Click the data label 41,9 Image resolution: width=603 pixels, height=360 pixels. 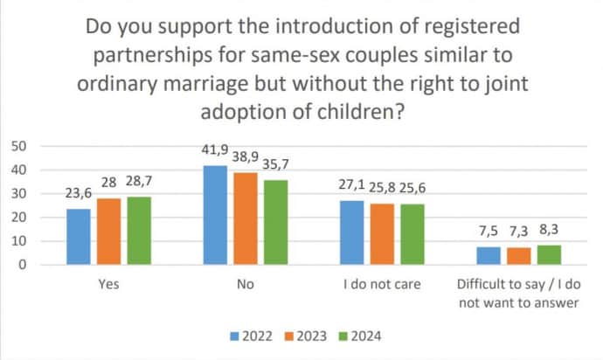216,151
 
